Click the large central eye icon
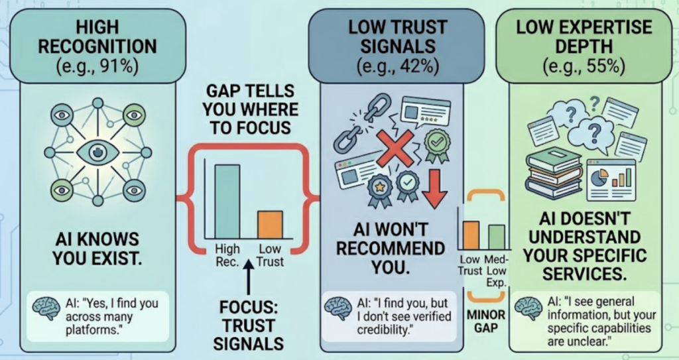[x=97, y=152]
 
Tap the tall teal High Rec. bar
[x=227, y=202]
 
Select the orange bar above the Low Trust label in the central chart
[x=271, y=225]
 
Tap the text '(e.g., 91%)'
[x=98, y=67]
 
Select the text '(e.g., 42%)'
[x=398, y=66]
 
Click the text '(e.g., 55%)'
[x=584, y=66]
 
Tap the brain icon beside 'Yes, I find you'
[x=46, y=308]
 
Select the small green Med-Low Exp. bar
[x=496, y=237]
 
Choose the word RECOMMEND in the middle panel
[x=391, y=249]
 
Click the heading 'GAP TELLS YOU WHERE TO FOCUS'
[x=250, y=109]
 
